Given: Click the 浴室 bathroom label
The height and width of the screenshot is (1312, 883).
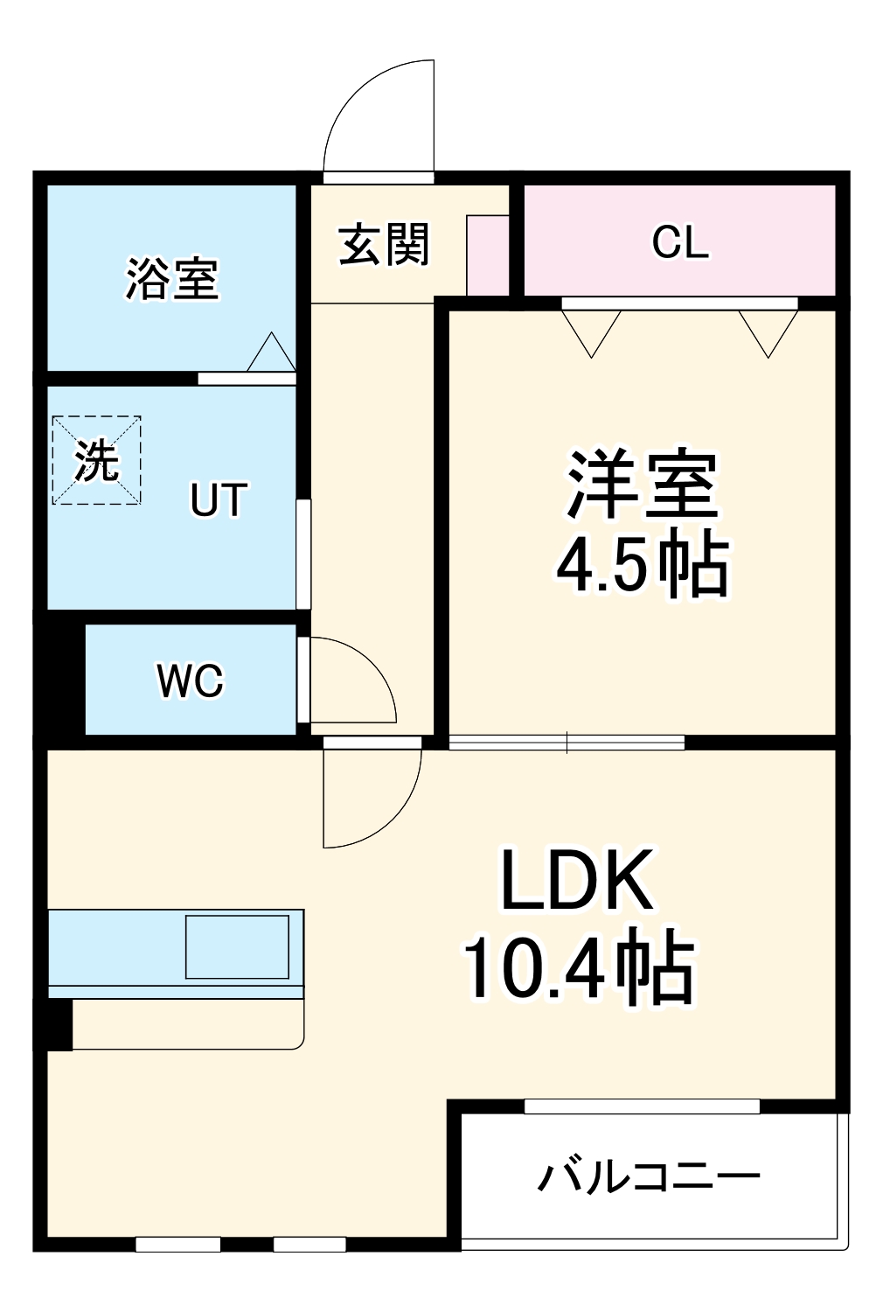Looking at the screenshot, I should click(x=171, y=279).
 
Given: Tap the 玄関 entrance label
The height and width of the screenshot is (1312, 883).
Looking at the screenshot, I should click(x=384, y=244).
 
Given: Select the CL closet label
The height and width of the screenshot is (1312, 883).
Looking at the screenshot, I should click(x=679, y=242).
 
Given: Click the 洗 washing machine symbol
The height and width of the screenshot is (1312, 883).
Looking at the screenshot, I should click(x=96, y=460).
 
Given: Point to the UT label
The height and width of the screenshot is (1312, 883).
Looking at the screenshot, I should click(x=219, y=500).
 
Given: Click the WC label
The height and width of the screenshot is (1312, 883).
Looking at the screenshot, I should click(x=191, y=680).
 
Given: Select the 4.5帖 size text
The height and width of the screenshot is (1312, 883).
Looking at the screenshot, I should click(x=643, y=566).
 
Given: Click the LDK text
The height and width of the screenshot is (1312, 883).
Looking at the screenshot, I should click(x=577, y=880).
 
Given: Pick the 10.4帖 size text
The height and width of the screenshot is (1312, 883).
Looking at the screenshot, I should click(x=577, y=969).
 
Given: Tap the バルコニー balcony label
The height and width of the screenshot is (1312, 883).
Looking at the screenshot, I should click(x=648, y=1177).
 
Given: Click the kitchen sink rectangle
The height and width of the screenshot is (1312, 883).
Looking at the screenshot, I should click(x=237, y=946).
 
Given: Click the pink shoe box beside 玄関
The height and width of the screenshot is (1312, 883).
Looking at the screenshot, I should click(x=487, y=255).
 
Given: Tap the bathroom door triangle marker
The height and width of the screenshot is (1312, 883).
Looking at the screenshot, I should click(x=271, y=353).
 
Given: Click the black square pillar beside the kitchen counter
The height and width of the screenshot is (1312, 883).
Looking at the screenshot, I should click(x=58, y=1023).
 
